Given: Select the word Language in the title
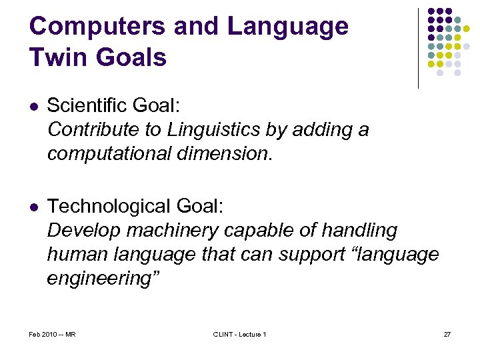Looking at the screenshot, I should coord(287,27).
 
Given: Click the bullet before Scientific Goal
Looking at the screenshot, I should coord(33,106).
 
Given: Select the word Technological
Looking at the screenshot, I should coord(106,207).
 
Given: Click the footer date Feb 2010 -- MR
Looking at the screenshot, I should coord(52,334).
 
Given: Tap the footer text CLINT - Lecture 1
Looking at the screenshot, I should coord(239,334).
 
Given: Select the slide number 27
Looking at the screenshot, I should coord(447,334).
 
